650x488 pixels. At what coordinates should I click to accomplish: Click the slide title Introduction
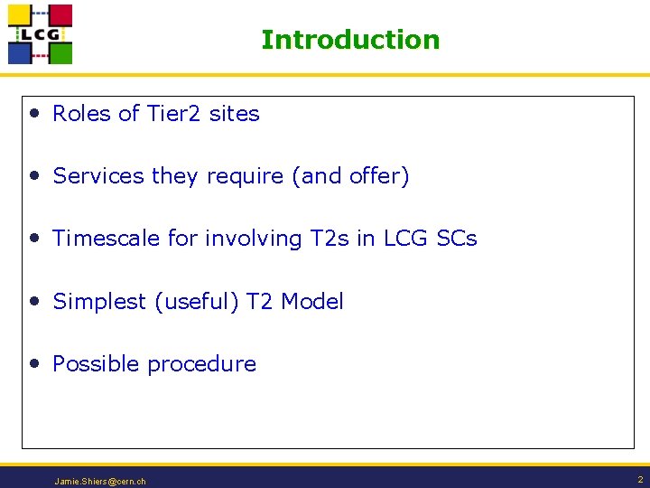click(x=350, y=40)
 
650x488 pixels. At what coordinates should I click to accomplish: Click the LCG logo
click(x=40, y=34)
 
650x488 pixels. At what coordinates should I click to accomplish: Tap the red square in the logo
click(x=60, y=15)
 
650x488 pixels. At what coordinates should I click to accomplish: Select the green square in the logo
click(x=60, y=52)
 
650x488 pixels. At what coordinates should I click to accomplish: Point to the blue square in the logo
click(x=20, y=52)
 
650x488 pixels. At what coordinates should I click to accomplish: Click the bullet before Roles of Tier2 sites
click(x=33, y=114)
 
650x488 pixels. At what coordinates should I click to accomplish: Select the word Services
click(x=98, y=176)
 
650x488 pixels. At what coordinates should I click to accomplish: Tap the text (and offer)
click(x=350, y=176)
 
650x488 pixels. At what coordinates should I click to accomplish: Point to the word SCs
click(x=457, y=239)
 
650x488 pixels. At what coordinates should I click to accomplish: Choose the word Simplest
click(x=99, y=302)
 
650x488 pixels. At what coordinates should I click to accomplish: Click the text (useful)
click(x=197, y=302)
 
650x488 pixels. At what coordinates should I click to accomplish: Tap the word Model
click(x=312, y=302)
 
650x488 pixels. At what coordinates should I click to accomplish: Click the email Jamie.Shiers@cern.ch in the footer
click(x=100, y=482)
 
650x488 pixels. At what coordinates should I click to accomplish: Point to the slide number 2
click(x=639, y=480)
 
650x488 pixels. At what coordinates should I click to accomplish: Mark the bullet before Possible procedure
click(x=33, y=364)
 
